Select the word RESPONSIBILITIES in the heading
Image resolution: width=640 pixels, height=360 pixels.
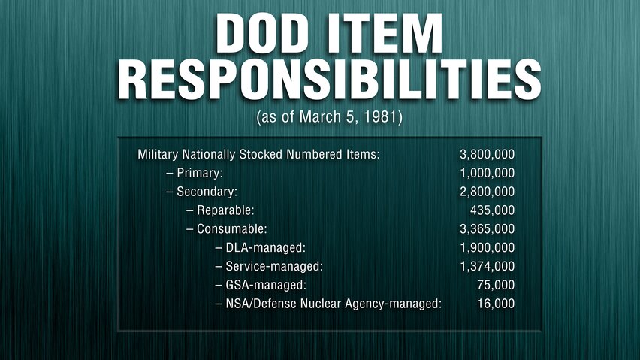click(329, 80)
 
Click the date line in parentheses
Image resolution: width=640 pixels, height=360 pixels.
click(329, 117)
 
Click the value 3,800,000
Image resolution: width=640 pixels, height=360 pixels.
click(487, 154)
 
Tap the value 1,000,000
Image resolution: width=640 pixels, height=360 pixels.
click(487, 173)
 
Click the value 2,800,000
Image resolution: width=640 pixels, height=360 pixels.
click(487, 192)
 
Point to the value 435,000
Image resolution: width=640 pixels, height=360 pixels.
click(492, 210)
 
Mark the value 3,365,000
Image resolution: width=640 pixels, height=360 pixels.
click(487, 229)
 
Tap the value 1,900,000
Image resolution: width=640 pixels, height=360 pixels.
click(487, 248)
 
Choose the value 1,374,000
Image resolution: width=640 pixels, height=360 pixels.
click(487, 267)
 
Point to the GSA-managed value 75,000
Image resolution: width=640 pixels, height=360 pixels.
click(496, 285)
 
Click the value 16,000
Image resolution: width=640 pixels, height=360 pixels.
click(496, 304)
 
